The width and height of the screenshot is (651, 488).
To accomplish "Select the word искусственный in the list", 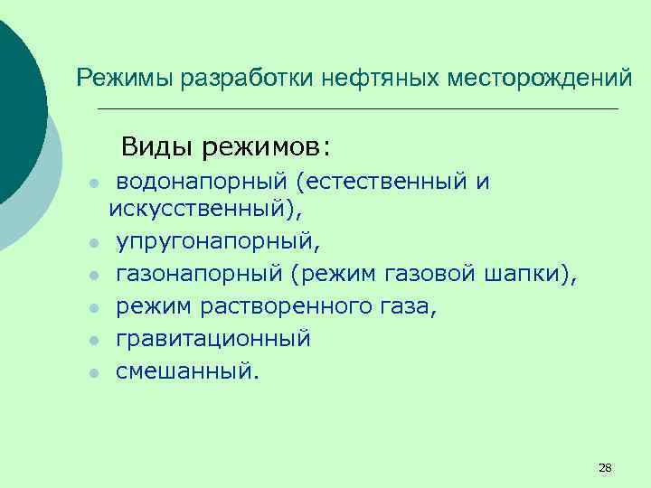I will pyautogui.click(x=200, y=210).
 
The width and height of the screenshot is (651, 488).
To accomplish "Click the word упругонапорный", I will pyautogui.click(x=214, y=242).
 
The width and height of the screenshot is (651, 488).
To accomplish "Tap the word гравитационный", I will pyautogui.click(x=212, y=339).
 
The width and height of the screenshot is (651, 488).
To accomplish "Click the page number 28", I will pyautogui.click(x=605, y=468).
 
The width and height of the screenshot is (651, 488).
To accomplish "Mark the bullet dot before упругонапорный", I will pyautogui.click(x=93, y=243).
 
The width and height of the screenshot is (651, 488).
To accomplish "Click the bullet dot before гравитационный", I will pyautogui.click(x=93, y=340).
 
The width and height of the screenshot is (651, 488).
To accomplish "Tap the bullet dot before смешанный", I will pyautogui.click(x=93, y=372).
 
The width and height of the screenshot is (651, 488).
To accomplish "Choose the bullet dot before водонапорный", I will pyautogui.click(x=93, y=183).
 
